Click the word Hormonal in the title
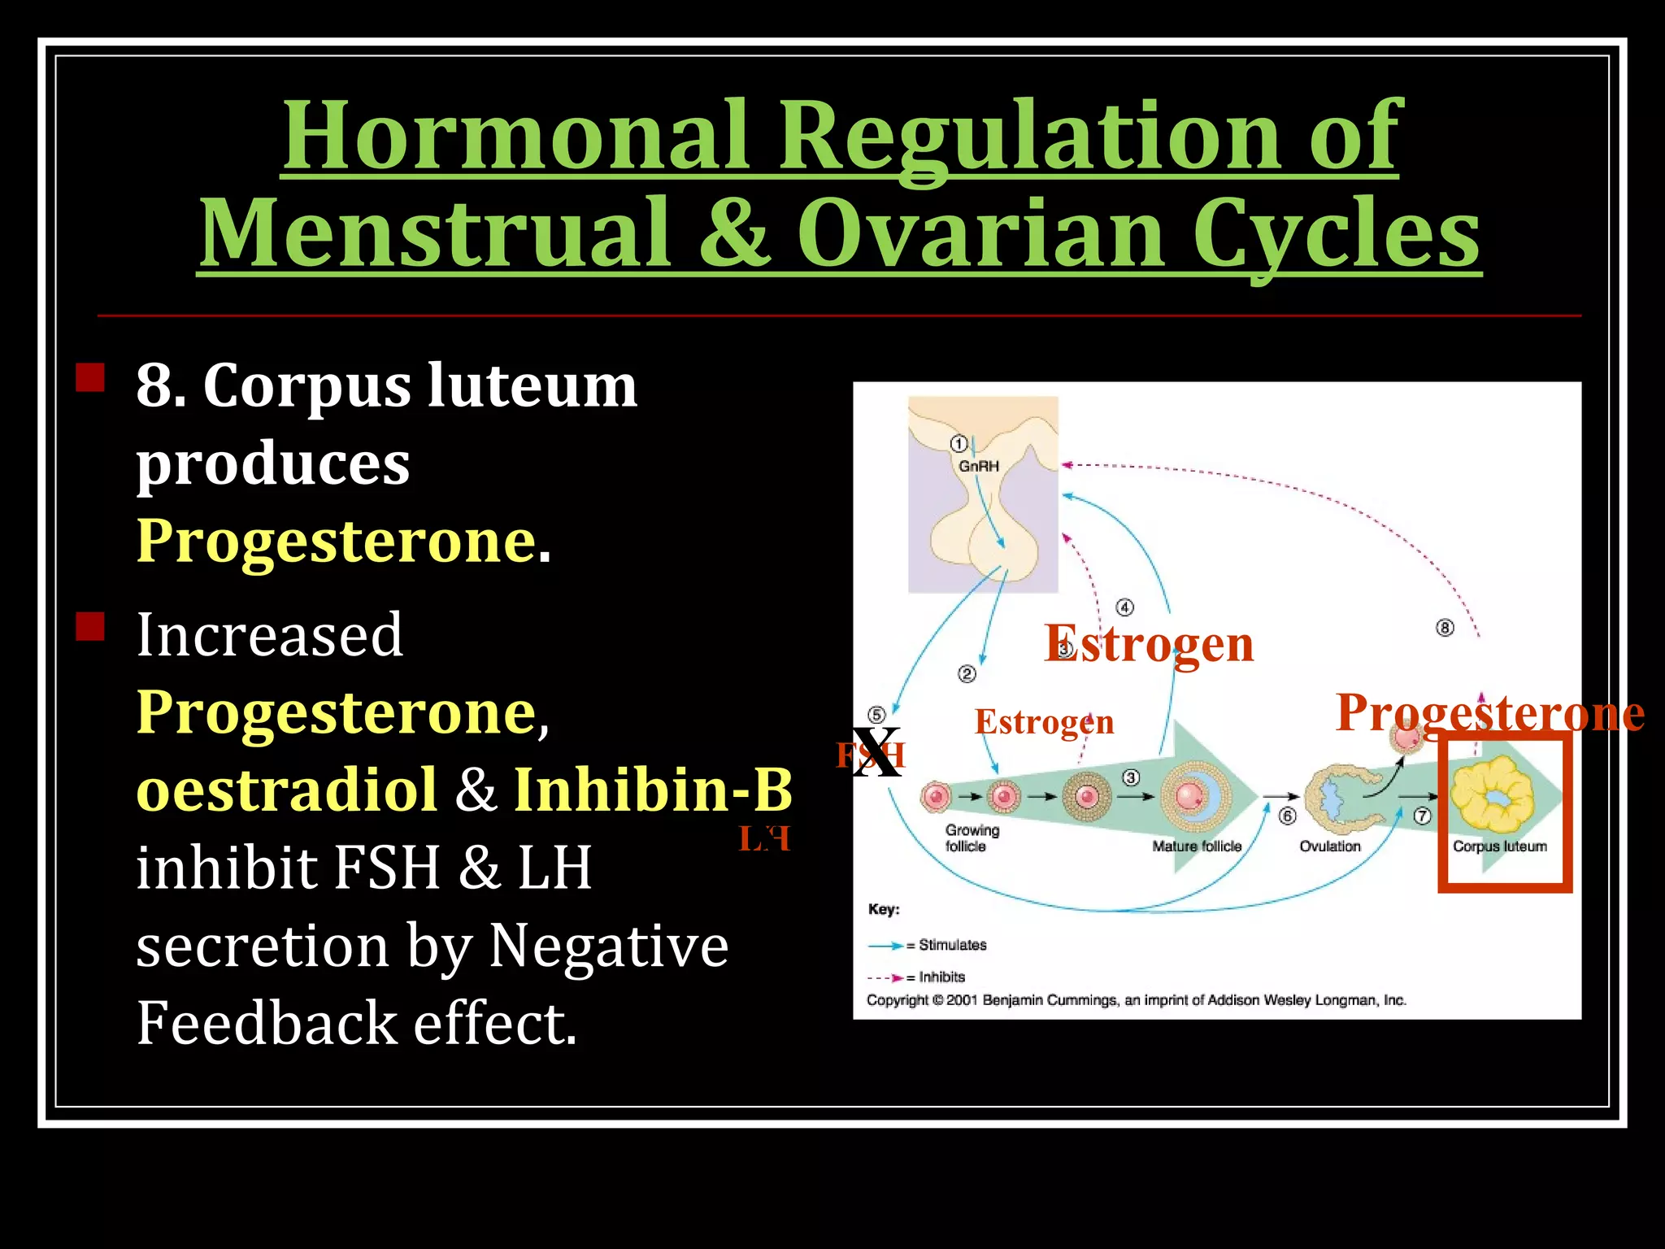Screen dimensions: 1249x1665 [x=514, y=134]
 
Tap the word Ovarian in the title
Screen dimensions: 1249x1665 [x=979, y=233]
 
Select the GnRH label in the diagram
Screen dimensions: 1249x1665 [x=978, y=466]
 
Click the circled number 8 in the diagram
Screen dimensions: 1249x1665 [x=1445, y=628]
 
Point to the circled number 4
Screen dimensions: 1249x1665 [x=1124, y=607]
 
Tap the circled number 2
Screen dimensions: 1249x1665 [x=967, y=674]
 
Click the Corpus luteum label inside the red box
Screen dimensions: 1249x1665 [x=1499, y=846]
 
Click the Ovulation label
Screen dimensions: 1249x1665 [x=1329, y=846]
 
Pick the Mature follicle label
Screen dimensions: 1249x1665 [x=1196, y=846]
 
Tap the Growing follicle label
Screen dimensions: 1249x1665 [x=972, y=838]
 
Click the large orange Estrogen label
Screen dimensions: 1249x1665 [x=1149, y=644]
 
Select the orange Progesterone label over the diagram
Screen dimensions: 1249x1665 [x=1489, y=713]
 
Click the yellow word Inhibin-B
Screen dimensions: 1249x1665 [x=653, y=790]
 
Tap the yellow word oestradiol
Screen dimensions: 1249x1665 [x=287, y=790]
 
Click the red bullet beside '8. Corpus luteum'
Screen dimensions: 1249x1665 [x=90, y=378]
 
